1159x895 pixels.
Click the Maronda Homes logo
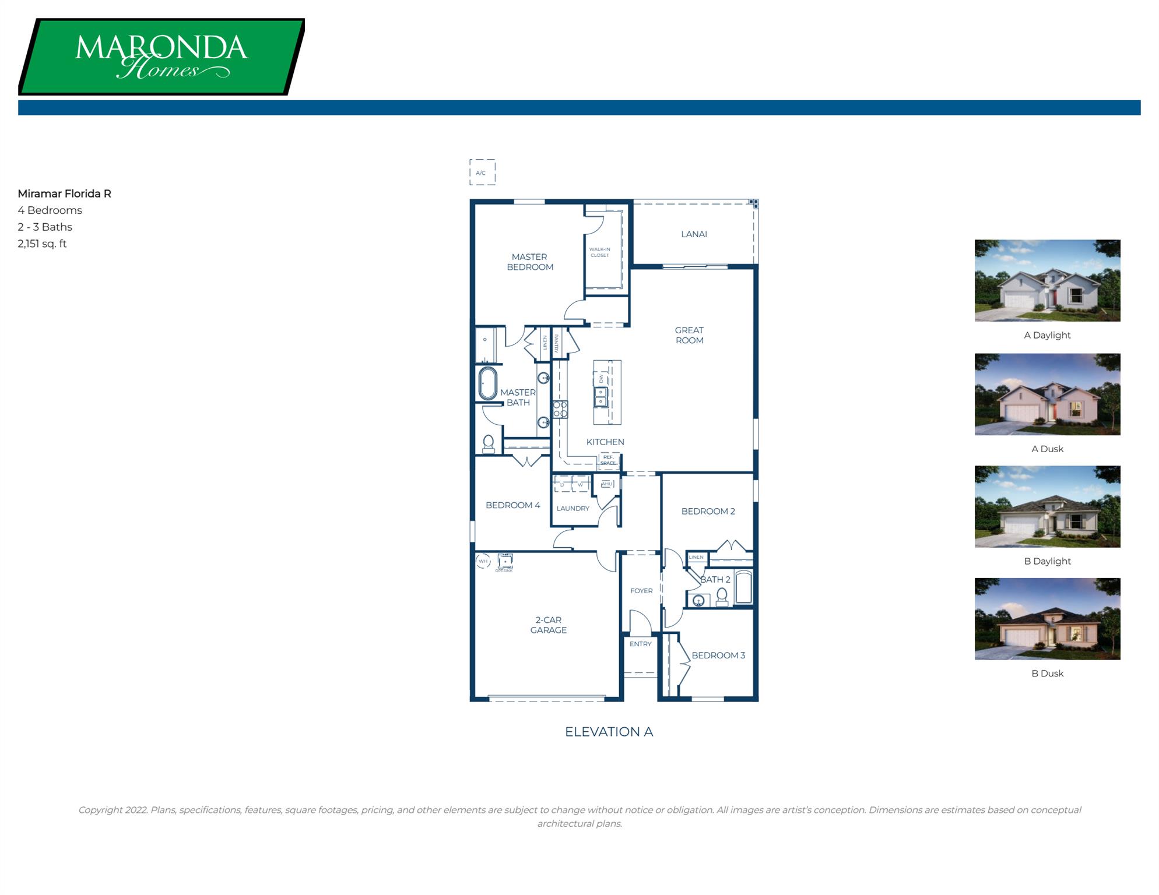pos(161,57)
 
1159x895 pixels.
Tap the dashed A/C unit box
pos(482,172)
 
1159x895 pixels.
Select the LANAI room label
pos(694,234)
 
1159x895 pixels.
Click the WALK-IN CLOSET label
pos(599,252)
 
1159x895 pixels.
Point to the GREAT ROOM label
pos(689,335)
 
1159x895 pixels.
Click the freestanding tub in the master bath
pos(487,383)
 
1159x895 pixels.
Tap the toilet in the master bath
pos(489,444)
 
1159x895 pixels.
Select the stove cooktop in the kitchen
pos(560,409)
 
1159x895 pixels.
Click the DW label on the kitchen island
pos(601,379)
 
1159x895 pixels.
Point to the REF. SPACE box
pos(608,460)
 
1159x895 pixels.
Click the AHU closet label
pos(607,484)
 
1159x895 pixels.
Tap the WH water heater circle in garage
pos(483,562)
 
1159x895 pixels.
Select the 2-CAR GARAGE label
pos(548,625)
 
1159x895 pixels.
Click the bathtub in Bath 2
pos(743,587)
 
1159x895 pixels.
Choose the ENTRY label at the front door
pos(640,644)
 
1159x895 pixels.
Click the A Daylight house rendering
pos(1047,280)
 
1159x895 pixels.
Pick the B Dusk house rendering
pos(1047,619)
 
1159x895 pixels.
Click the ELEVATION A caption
pos(609,732)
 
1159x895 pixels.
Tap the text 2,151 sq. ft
pos(42,244)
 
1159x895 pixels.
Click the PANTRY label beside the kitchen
pos(557,343)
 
